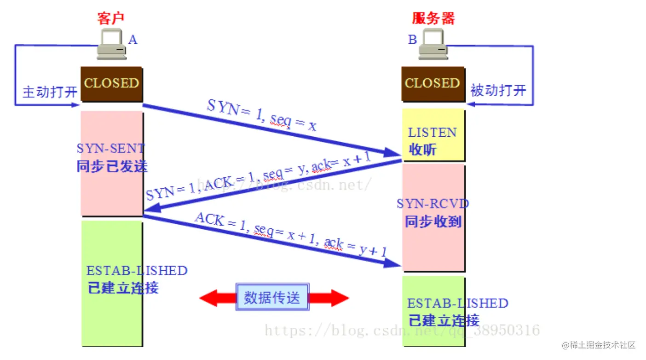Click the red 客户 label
111,18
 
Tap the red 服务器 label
433,18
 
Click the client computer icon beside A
111,45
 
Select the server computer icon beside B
433,45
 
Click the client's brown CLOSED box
111,83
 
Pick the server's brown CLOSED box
433,83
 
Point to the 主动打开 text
50,92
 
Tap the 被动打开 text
498,90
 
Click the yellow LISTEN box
433,136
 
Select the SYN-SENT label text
111,148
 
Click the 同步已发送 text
112,166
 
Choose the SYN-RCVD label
433,203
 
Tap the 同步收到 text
433,221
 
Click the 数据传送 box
272,297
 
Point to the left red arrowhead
210,298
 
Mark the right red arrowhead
339,298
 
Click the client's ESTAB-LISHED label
137,270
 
